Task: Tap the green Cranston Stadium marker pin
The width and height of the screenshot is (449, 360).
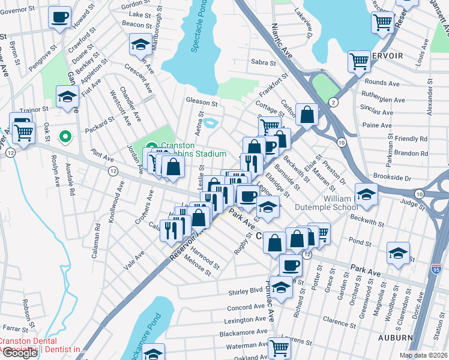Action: coord(151,146)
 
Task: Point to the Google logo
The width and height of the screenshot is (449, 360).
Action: coord(20,353)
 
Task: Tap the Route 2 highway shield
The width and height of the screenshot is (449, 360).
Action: coord(332,103)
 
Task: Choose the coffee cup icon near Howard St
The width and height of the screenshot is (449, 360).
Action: coord(59,18)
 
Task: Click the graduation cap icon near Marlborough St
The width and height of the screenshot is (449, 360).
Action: coord(140,44)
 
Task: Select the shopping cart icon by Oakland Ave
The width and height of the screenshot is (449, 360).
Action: coord(279,346)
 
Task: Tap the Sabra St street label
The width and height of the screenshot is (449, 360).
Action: coord(263,62)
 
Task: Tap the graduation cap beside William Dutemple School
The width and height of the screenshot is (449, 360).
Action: coord(366,194)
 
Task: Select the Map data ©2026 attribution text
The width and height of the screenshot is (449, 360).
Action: coord(423,355)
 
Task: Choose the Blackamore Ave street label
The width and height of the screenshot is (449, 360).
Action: coord(244,331)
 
